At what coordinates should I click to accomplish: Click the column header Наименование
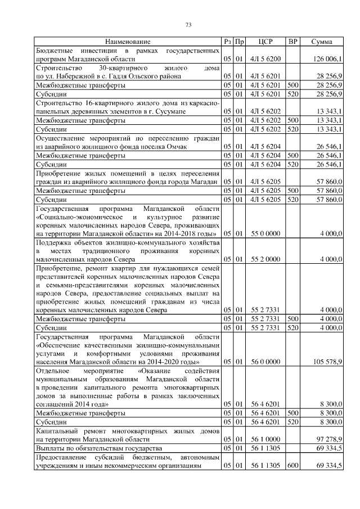(x=127, y=42)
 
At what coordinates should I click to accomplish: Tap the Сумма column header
(x=322, y=42)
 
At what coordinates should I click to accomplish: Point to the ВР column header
(x=292, y=42)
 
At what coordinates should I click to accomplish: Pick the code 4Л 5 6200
(x=262, y=59)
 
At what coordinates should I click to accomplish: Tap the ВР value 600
(x=292, y=465)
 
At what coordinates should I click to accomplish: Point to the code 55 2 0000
(x=262, y=259)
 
